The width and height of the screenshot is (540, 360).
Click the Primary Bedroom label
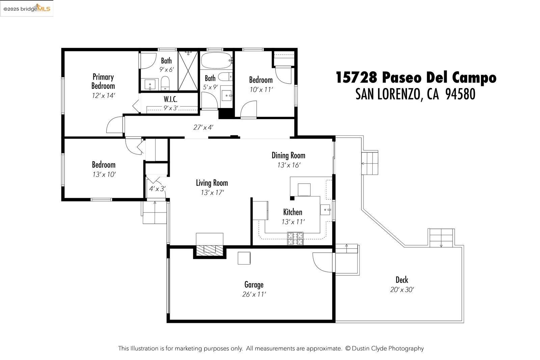pyautogui.click(x=103, y=81)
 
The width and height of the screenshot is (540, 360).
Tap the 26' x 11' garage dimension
pyautogui.click(x=254, y=294)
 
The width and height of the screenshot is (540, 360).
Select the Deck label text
pyautogui.click(x=402, y=280)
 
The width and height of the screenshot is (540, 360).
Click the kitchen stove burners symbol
pyautogui.click(x=295, y=239)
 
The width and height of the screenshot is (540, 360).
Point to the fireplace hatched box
pyautogui.click(x=210, y=250)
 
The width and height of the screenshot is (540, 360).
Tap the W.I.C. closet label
pyautogui.click(x=170, y=99)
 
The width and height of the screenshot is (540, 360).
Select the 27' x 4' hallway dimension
pyautogui.click(x=203, y=127)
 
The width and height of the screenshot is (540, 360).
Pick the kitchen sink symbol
pyautogui.click(x=326, y=210)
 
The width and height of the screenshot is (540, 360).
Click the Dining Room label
pyautogui.click(x=288, y=155)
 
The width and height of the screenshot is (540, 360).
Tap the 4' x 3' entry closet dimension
pyautogui.click(x=157, y=189)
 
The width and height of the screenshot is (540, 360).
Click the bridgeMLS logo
pyautogui.click(x=27, y=8)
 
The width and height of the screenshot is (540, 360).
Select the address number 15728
pyautogui.click(x=356, y=78)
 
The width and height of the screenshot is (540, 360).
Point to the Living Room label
pyautogui.click(x=212, y=183)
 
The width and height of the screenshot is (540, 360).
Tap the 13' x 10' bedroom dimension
pyautogui.click(x=104, y=174)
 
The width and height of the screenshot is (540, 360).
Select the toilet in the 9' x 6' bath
pyautogui.click(x=165, y=83)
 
